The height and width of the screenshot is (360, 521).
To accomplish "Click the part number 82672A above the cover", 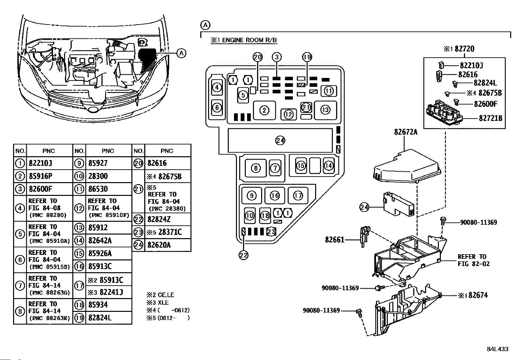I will [405, 132].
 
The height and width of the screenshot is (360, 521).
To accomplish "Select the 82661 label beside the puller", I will [334, 240].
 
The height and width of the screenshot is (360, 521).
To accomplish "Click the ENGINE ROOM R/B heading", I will [244, 40].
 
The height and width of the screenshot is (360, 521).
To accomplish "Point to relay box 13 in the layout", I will [325, 110].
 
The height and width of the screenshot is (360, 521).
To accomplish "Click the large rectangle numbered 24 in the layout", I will [280, 141].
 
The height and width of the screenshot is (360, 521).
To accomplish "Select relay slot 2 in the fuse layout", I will [264, 110].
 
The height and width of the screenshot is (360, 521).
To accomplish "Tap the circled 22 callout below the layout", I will [243, 255].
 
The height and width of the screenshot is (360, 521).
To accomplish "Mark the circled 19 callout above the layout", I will [307, 57].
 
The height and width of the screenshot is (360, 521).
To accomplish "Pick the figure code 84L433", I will [497, 349].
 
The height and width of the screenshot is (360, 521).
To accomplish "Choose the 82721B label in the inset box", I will [490, 118].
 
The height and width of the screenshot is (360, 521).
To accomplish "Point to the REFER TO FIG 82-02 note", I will [473, 260].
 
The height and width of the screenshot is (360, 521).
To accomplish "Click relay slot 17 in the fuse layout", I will [298, 196].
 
